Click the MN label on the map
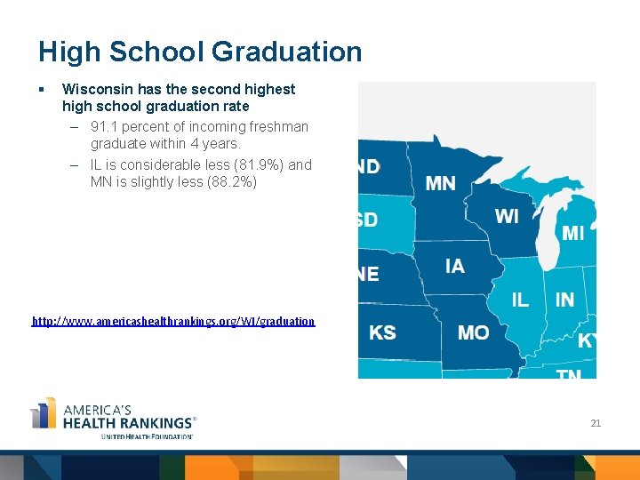coord(441,183)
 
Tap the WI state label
coord(507,217)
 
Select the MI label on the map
coord(573,233)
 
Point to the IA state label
coord(454,266)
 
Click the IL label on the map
coord(520,300)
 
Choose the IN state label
coord(564,300)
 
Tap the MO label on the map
coord(473,332)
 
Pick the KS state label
coord(382,332)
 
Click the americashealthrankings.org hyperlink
coord(173,321)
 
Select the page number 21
coord(596,423)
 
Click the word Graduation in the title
coord(286,52)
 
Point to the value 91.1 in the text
coord(104,126)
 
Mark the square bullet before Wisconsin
coord(41,89)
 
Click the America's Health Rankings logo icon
coord(43,414)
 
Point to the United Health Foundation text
coord(147,436)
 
